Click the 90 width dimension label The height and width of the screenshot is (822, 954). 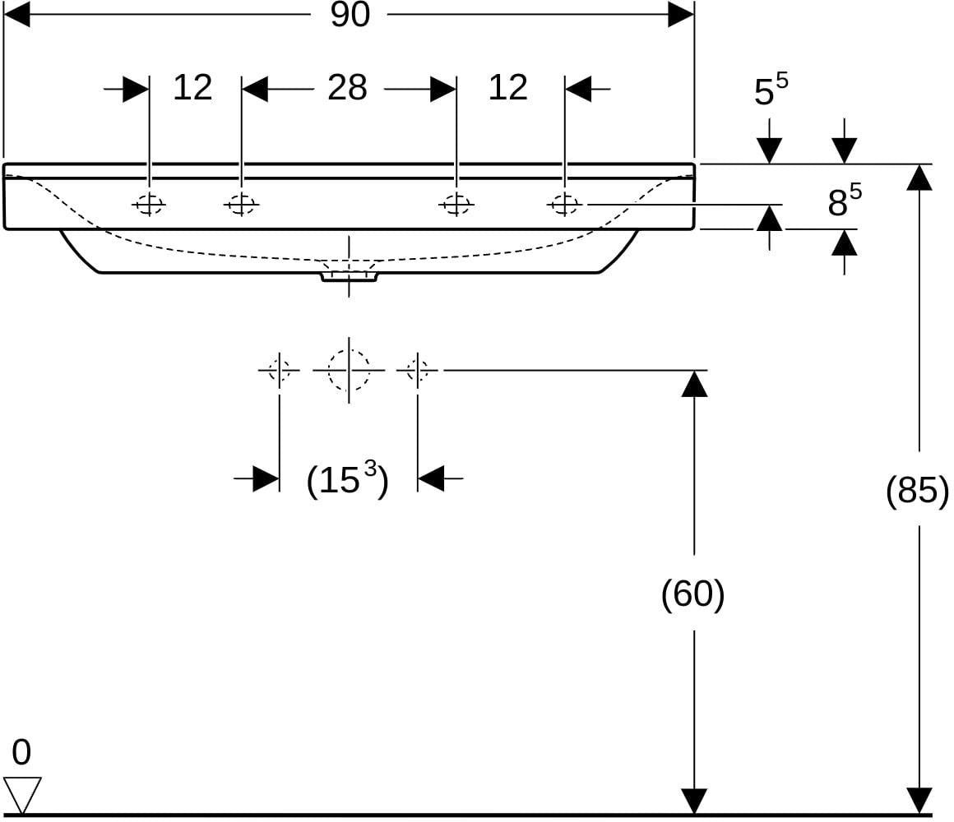click(x=350, y=15)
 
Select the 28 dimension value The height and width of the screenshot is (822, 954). click(x=347, y=88)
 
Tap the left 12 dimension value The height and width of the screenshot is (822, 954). click(x=192, y=88)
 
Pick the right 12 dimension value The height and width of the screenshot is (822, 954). click(x=507, y=88)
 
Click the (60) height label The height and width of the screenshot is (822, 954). click(x=693, y=593)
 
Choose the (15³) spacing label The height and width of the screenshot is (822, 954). click(x=347, y=479)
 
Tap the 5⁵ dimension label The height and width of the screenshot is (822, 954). click(x=771, y=89)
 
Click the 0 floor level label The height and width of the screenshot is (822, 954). click(x=21, y=753)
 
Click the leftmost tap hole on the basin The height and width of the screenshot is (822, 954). click(x=149, y=205)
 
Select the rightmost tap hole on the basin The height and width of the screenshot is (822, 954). click(x=565, y=205)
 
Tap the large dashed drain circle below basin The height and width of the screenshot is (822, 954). click(x=349, y=370)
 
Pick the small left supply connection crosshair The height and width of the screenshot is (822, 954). click(x=280, y=370)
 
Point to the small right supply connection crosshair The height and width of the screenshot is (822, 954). click(x=418, y=370)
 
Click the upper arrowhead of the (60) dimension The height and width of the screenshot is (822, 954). click(x=694, y=384)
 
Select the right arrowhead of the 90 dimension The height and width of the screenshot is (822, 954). click(x=681, y=15)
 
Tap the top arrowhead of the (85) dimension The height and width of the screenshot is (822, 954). click(x=919, y=178)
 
